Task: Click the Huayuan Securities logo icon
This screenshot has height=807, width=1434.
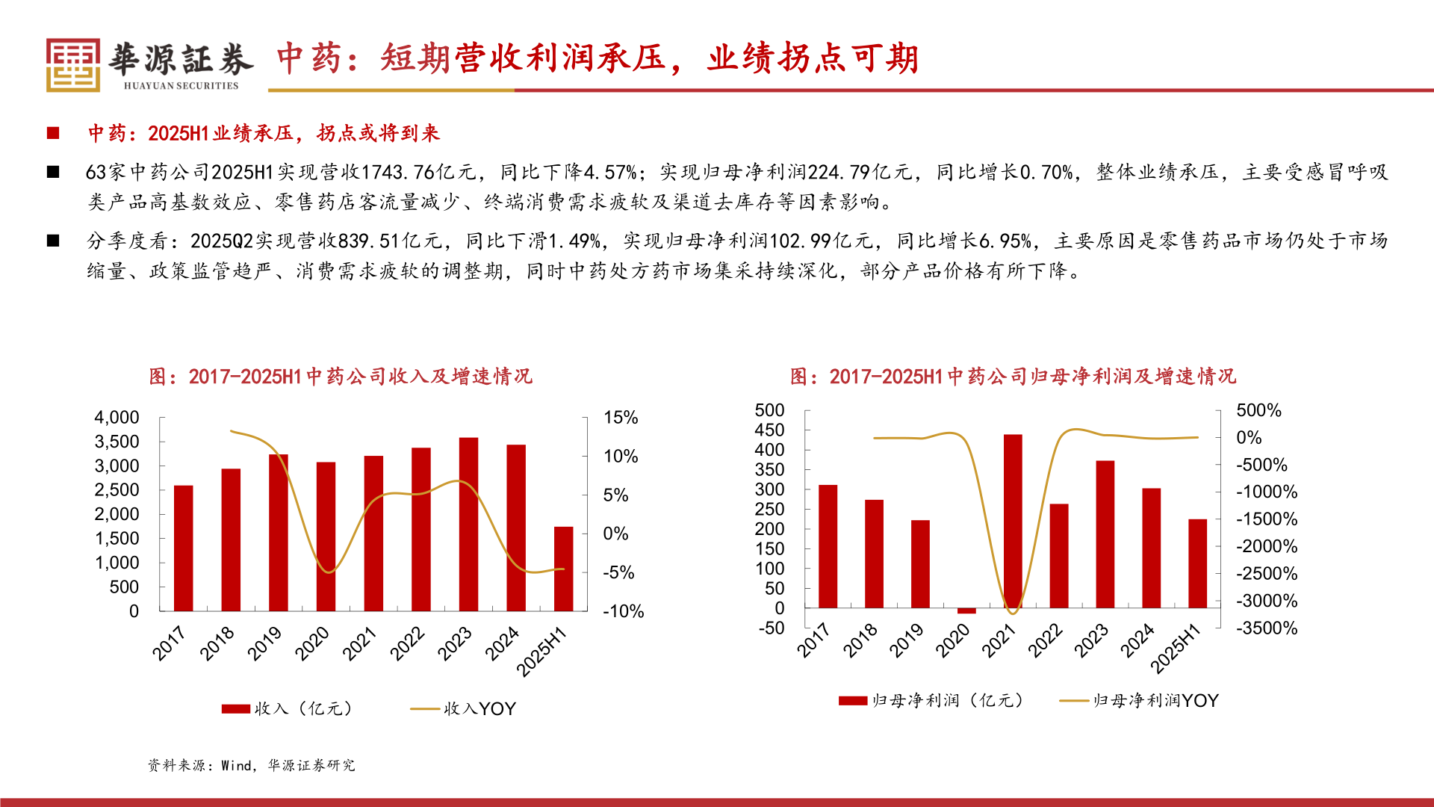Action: coord(72,65)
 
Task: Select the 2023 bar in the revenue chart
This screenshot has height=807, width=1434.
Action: coord(468,524)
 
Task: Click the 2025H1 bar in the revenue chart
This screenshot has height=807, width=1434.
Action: coord(563,569)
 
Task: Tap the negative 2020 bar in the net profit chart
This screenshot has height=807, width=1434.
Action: coord(966,610)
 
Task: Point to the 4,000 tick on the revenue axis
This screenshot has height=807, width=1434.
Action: coord(117,418)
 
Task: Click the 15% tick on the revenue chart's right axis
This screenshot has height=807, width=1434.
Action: coord(621,418)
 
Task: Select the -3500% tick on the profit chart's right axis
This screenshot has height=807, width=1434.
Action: coord(1267,628)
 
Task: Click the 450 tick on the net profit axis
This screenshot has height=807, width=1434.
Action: coord(769,430)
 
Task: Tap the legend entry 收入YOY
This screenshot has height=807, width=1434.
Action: coord(479,709)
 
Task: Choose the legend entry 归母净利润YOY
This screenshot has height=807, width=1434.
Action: coord(1155,701)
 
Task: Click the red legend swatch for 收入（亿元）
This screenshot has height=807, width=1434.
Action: coord(235,709)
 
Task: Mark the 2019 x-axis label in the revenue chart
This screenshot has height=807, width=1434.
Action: coord(264,643)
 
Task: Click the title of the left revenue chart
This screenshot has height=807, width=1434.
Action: coord(340,377)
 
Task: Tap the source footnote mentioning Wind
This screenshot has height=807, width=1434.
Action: coord(251,765)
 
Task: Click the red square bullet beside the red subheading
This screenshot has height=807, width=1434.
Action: coord(53,133)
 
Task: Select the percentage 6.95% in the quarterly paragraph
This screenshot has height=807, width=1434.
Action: coord(1005,241)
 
